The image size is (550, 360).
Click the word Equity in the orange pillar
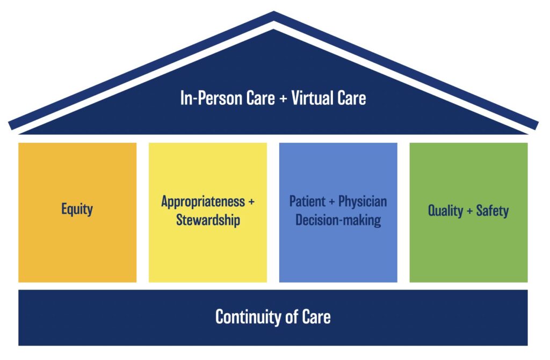point(77,210)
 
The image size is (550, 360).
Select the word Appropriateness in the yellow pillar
point(202,202)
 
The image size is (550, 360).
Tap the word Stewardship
point(208,220)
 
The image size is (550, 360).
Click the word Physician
point(363,202)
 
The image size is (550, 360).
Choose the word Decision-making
point(338,220)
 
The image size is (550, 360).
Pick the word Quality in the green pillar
point(446,210)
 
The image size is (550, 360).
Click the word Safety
point(492,210)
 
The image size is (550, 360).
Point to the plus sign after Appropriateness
point(251,203)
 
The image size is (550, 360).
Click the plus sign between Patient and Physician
point(332,203)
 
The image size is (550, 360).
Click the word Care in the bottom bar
point(317,316)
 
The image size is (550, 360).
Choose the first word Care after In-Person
point(258,99)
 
